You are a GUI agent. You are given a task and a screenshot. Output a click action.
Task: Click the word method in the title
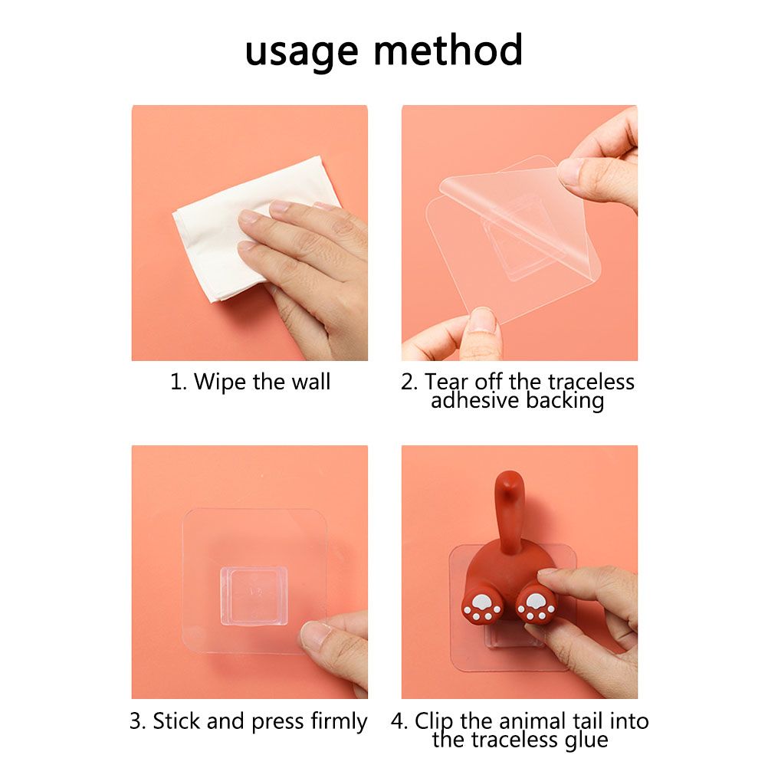tap(448, 49)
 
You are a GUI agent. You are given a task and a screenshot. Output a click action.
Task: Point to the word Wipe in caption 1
tap(220, 382)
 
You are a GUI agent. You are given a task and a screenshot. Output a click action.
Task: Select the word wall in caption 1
tap(311, 382)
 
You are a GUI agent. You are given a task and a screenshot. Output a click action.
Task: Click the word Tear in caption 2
tap(445, 382)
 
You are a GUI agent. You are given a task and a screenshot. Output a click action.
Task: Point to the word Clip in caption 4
tap(435, 722)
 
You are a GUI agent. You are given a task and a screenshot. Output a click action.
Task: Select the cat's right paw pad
tap(536, 607)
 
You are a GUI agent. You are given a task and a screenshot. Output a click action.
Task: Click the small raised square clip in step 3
tap(253, 596)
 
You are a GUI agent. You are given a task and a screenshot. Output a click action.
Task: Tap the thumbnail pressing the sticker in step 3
tap(316, 635)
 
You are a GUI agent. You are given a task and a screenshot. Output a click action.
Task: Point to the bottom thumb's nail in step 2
tap(482, 321)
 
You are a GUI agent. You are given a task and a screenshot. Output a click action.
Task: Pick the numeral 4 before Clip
tap(399, 721)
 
